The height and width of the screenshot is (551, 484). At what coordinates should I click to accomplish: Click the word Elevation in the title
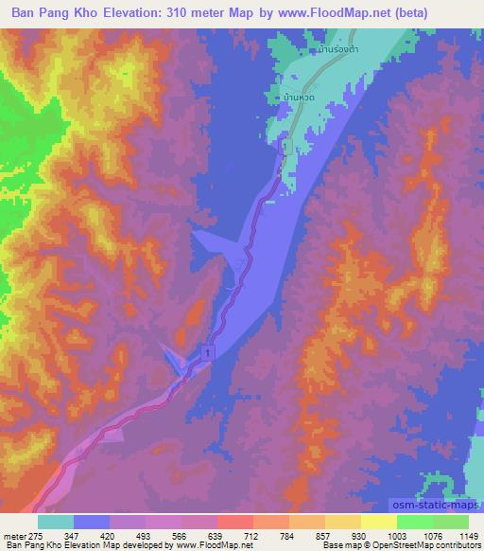tap(157, 12)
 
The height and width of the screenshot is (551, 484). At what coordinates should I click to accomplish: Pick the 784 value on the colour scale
tap(288, 535)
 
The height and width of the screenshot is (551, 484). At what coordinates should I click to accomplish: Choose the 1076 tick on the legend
tap(431, 535)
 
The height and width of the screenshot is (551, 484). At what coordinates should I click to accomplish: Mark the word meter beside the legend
tap(10, 535)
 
